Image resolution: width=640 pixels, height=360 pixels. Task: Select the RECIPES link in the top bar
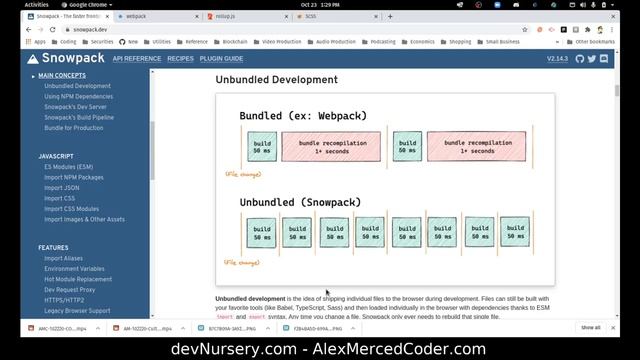point(180,59)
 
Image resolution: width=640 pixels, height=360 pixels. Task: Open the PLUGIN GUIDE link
point(221,59)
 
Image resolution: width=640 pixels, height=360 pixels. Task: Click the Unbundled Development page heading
point(276,79)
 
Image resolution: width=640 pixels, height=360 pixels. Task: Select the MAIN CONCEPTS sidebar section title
point(62,76)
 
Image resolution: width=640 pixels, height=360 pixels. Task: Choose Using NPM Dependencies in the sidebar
point(85,96)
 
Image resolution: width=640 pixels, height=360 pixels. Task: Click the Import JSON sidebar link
point(62,188)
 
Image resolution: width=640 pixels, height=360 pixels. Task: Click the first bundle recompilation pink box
point(331,147)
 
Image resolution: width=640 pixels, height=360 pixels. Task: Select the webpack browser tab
point(136,17)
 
